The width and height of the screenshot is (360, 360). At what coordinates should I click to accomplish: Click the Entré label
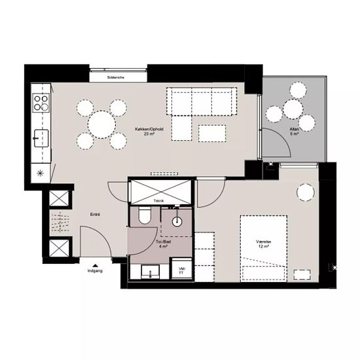click(x=95, y=215)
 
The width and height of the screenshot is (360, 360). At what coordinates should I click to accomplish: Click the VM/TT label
click(x=181, y=272)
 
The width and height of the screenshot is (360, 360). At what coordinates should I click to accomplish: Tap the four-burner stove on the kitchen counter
click(x=41, y=102)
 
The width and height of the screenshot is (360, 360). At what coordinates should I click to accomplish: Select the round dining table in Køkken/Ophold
click(x=101, y=122)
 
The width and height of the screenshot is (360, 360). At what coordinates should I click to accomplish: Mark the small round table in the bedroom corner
click(x=304, y=192)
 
